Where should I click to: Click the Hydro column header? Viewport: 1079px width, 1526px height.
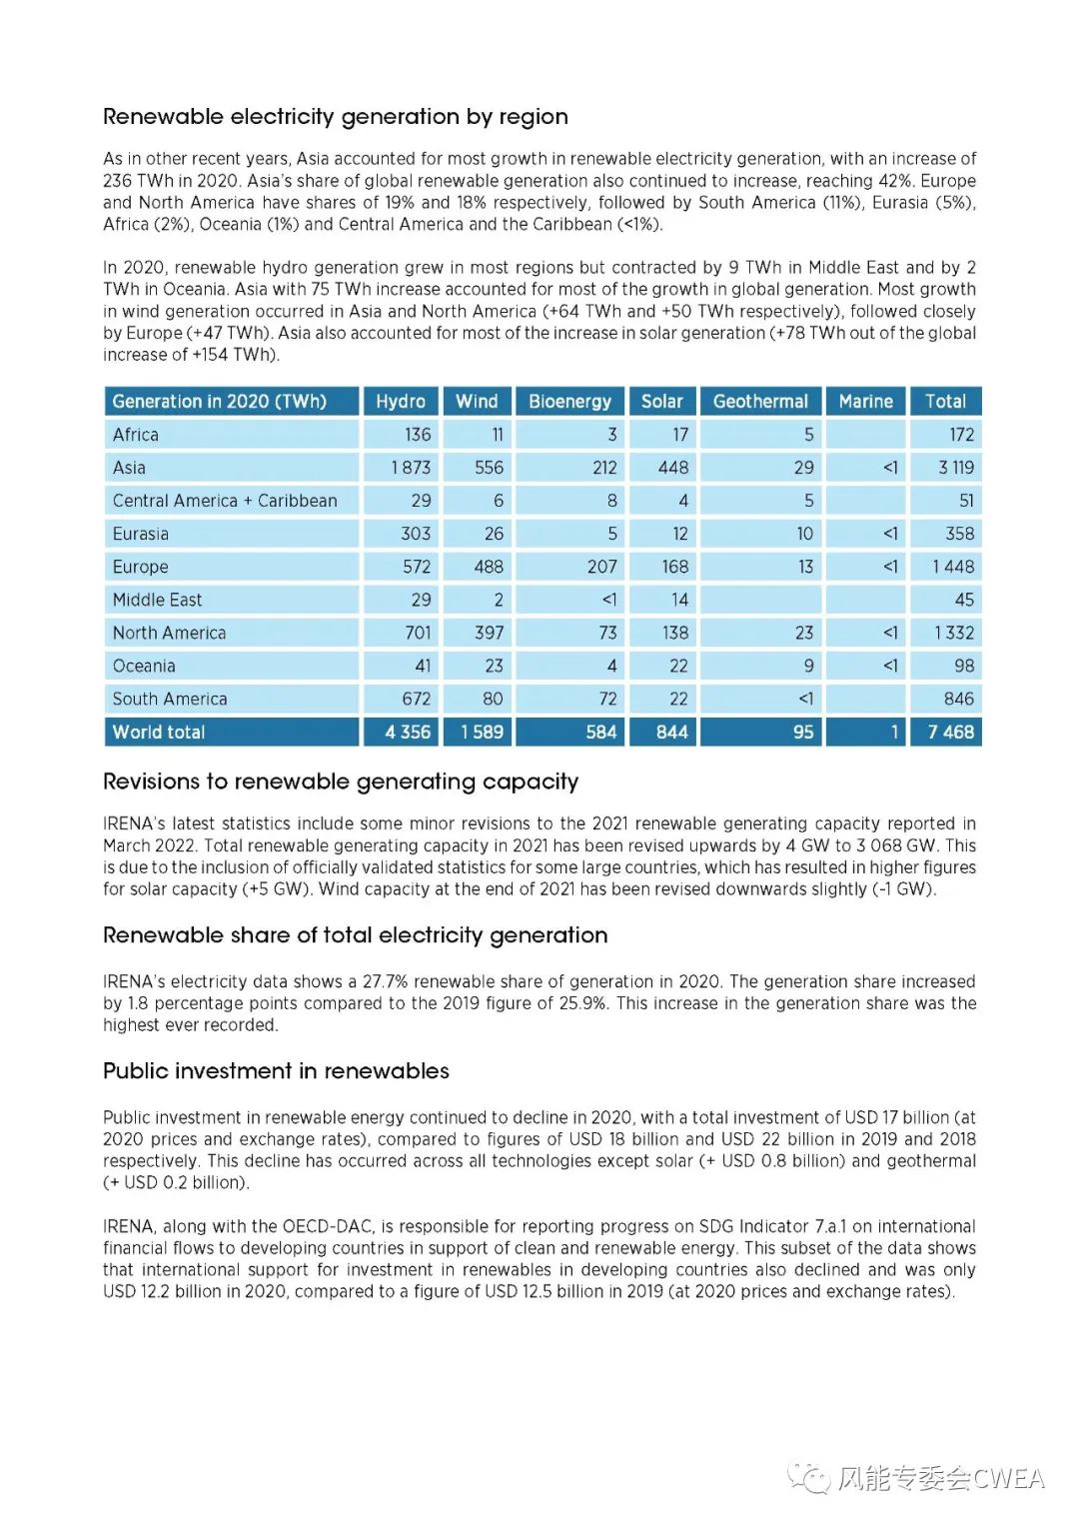400,402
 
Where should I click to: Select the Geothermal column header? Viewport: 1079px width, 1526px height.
760,402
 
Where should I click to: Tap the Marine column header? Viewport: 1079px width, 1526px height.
865,402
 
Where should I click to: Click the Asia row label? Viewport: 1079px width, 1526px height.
129,468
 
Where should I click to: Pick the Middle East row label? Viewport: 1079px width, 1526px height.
157,600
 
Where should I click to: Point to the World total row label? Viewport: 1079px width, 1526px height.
159,733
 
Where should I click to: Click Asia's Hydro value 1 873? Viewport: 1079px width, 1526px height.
411,468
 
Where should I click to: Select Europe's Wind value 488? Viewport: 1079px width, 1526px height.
489,567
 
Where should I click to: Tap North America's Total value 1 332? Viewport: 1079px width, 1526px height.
953,633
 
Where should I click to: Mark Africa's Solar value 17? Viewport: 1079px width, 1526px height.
679,435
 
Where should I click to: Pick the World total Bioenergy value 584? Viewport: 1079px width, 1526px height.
600,733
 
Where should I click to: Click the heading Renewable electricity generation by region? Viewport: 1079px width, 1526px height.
336,117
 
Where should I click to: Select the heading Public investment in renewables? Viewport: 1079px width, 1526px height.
276,1071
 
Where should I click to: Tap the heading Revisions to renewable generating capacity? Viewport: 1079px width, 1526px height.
341,781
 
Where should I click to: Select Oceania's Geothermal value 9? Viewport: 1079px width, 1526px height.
808,666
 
